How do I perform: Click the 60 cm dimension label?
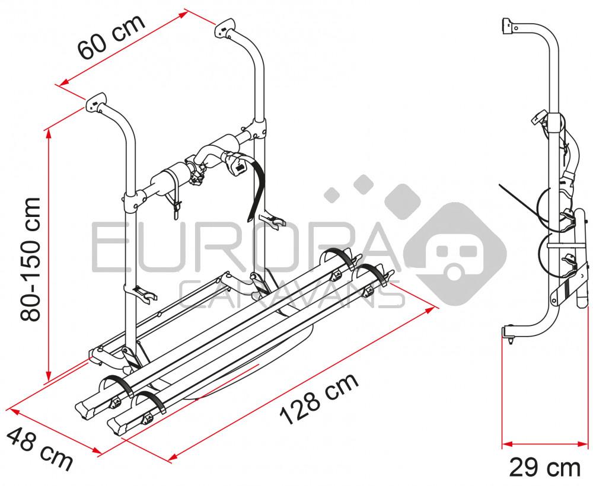point(111,37)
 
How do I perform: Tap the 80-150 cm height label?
point(31,259)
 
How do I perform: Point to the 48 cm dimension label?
point(39,448)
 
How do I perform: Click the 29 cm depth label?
point(544,468)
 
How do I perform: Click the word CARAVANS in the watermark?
point(291,295)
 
